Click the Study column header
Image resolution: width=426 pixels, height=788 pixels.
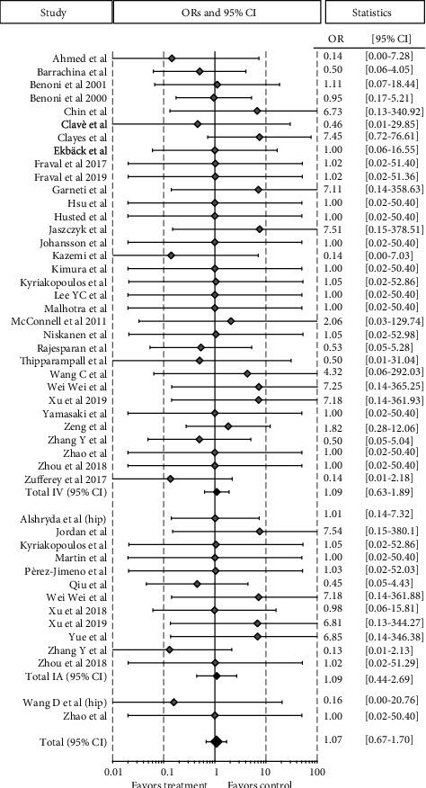pyautogui.click(x=55, y=13)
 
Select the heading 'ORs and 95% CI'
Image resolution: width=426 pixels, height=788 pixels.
pyautogui.click(x=215, y=13)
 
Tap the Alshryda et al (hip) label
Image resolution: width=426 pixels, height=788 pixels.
pyautogui.click(x=63, y=493)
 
